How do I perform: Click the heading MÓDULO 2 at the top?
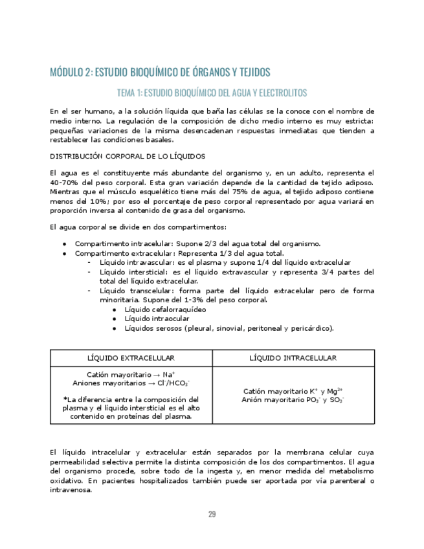coord(160,72)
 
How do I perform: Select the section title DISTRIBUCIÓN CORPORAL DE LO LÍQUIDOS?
coord(128,156)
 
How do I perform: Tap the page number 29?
coord(212,514)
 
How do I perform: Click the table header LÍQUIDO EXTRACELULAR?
coord(131,358)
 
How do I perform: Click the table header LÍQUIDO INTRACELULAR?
coord(293,358)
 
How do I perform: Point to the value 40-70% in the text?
coord(65,183)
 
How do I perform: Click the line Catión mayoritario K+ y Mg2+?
coord(293,391)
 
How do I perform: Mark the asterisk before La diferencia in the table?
coord(65,399)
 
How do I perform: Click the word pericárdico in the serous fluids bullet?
coord(311,328)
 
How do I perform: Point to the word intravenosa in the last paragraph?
coord(71,490)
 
